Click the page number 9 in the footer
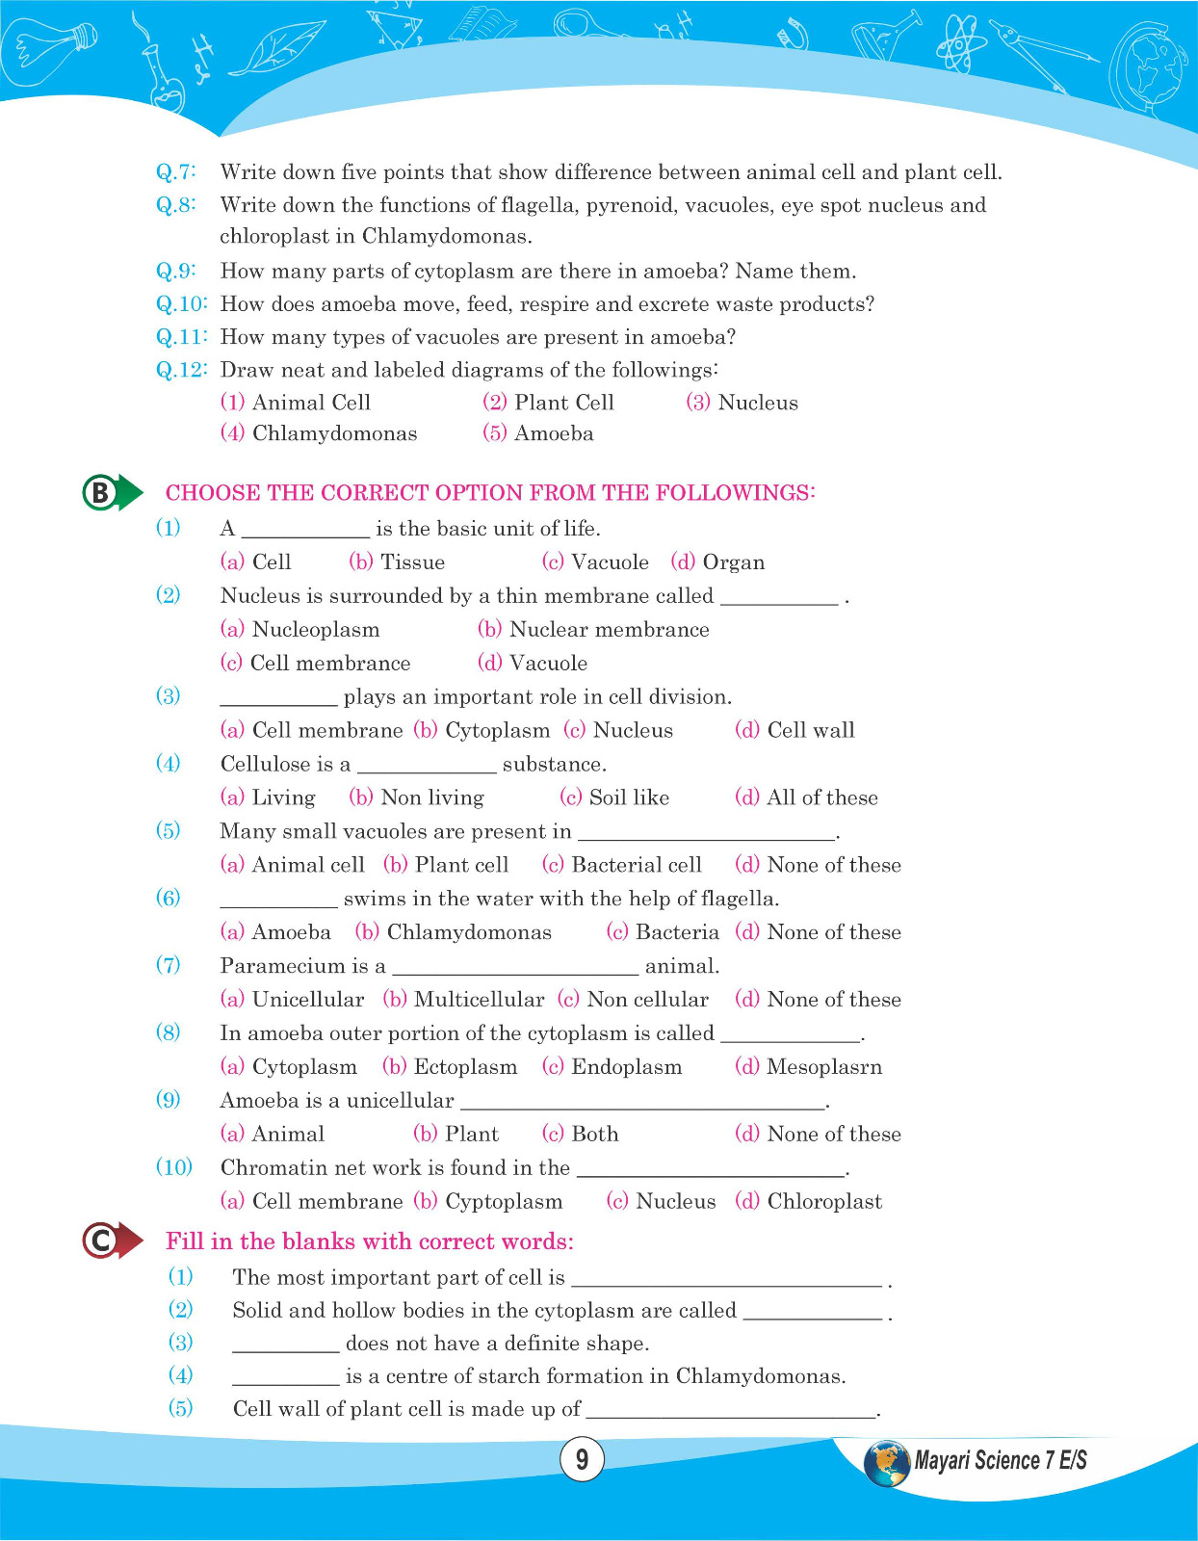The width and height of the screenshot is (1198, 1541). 582,1459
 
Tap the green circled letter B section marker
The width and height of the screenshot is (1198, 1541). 100,493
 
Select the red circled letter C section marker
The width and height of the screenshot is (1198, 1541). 100,1241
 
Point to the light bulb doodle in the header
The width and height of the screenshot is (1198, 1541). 49,48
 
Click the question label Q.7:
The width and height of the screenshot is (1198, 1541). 176,172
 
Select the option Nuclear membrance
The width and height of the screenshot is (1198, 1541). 608,630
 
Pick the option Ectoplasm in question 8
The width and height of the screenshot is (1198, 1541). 464,1067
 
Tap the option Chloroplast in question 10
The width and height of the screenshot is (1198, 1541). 823,1202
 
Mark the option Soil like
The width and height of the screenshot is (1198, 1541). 628,798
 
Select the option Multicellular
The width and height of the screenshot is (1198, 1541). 478,1000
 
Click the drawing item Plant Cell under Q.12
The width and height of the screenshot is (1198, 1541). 563,403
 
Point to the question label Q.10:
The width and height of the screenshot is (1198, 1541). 181,304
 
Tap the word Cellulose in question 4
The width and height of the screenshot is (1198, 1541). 264,765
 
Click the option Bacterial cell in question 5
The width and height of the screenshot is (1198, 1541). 636,865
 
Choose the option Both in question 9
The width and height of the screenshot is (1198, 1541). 594,1135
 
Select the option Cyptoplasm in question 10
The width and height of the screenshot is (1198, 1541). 503,1202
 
